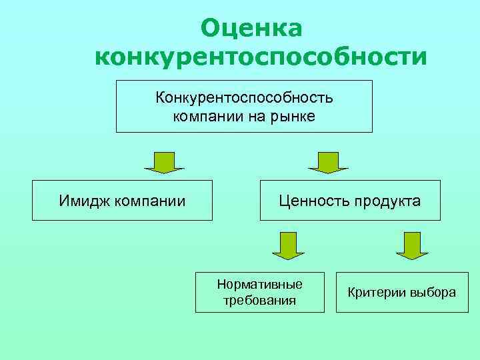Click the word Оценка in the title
pyautogui.click(x=252, y=27)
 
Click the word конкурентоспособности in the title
pyautogui.click(x=261, y=57)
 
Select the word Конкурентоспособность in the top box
pyautogui.click(x=245, y=98)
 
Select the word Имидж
pyautogui.click(x=84, y=200)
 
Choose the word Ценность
pyautogui.click(x=311, y=201)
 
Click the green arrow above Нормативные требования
pyautogui.click(x=288, y=245)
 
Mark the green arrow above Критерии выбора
pyautogui.click(x=411, y=245)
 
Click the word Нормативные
pyautogui.click(x=259, y=284)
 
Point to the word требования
pyautogui.click(x=259, y=300)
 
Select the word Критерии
pyautogui.click(x=375, y=293)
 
